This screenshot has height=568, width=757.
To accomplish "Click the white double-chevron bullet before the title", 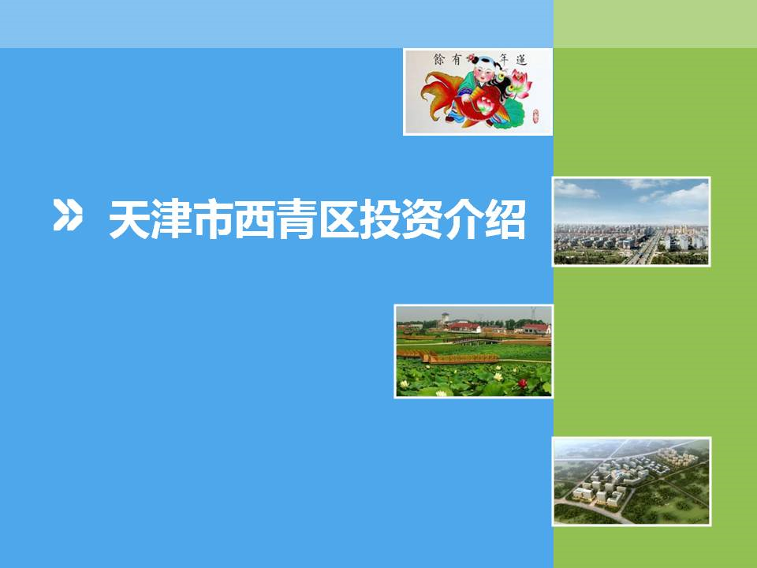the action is click(x=67, y=214).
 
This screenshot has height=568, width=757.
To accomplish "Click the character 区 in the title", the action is click(x=339, y=220).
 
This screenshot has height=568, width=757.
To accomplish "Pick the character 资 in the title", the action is click(x=423, y=220).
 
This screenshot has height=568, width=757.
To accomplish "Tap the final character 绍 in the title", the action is click(x=506, y=220).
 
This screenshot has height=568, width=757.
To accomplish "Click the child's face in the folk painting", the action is click(x=483, y=73).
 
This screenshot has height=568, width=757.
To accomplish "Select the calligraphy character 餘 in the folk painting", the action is click(x=439, y=59).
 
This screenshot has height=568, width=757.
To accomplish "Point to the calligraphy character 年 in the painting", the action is click(x=504, y=59).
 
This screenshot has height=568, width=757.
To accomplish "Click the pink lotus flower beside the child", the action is click(x=520, y=81).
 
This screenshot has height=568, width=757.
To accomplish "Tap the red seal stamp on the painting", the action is click(x=535, y=116).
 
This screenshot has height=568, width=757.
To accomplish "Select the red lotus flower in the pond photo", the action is click(x=522, y=383).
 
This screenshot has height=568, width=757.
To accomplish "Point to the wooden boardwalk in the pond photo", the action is click(x=448, y=357).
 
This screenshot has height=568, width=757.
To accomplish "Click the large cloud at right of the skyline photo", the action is click(x=684, y=195).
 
